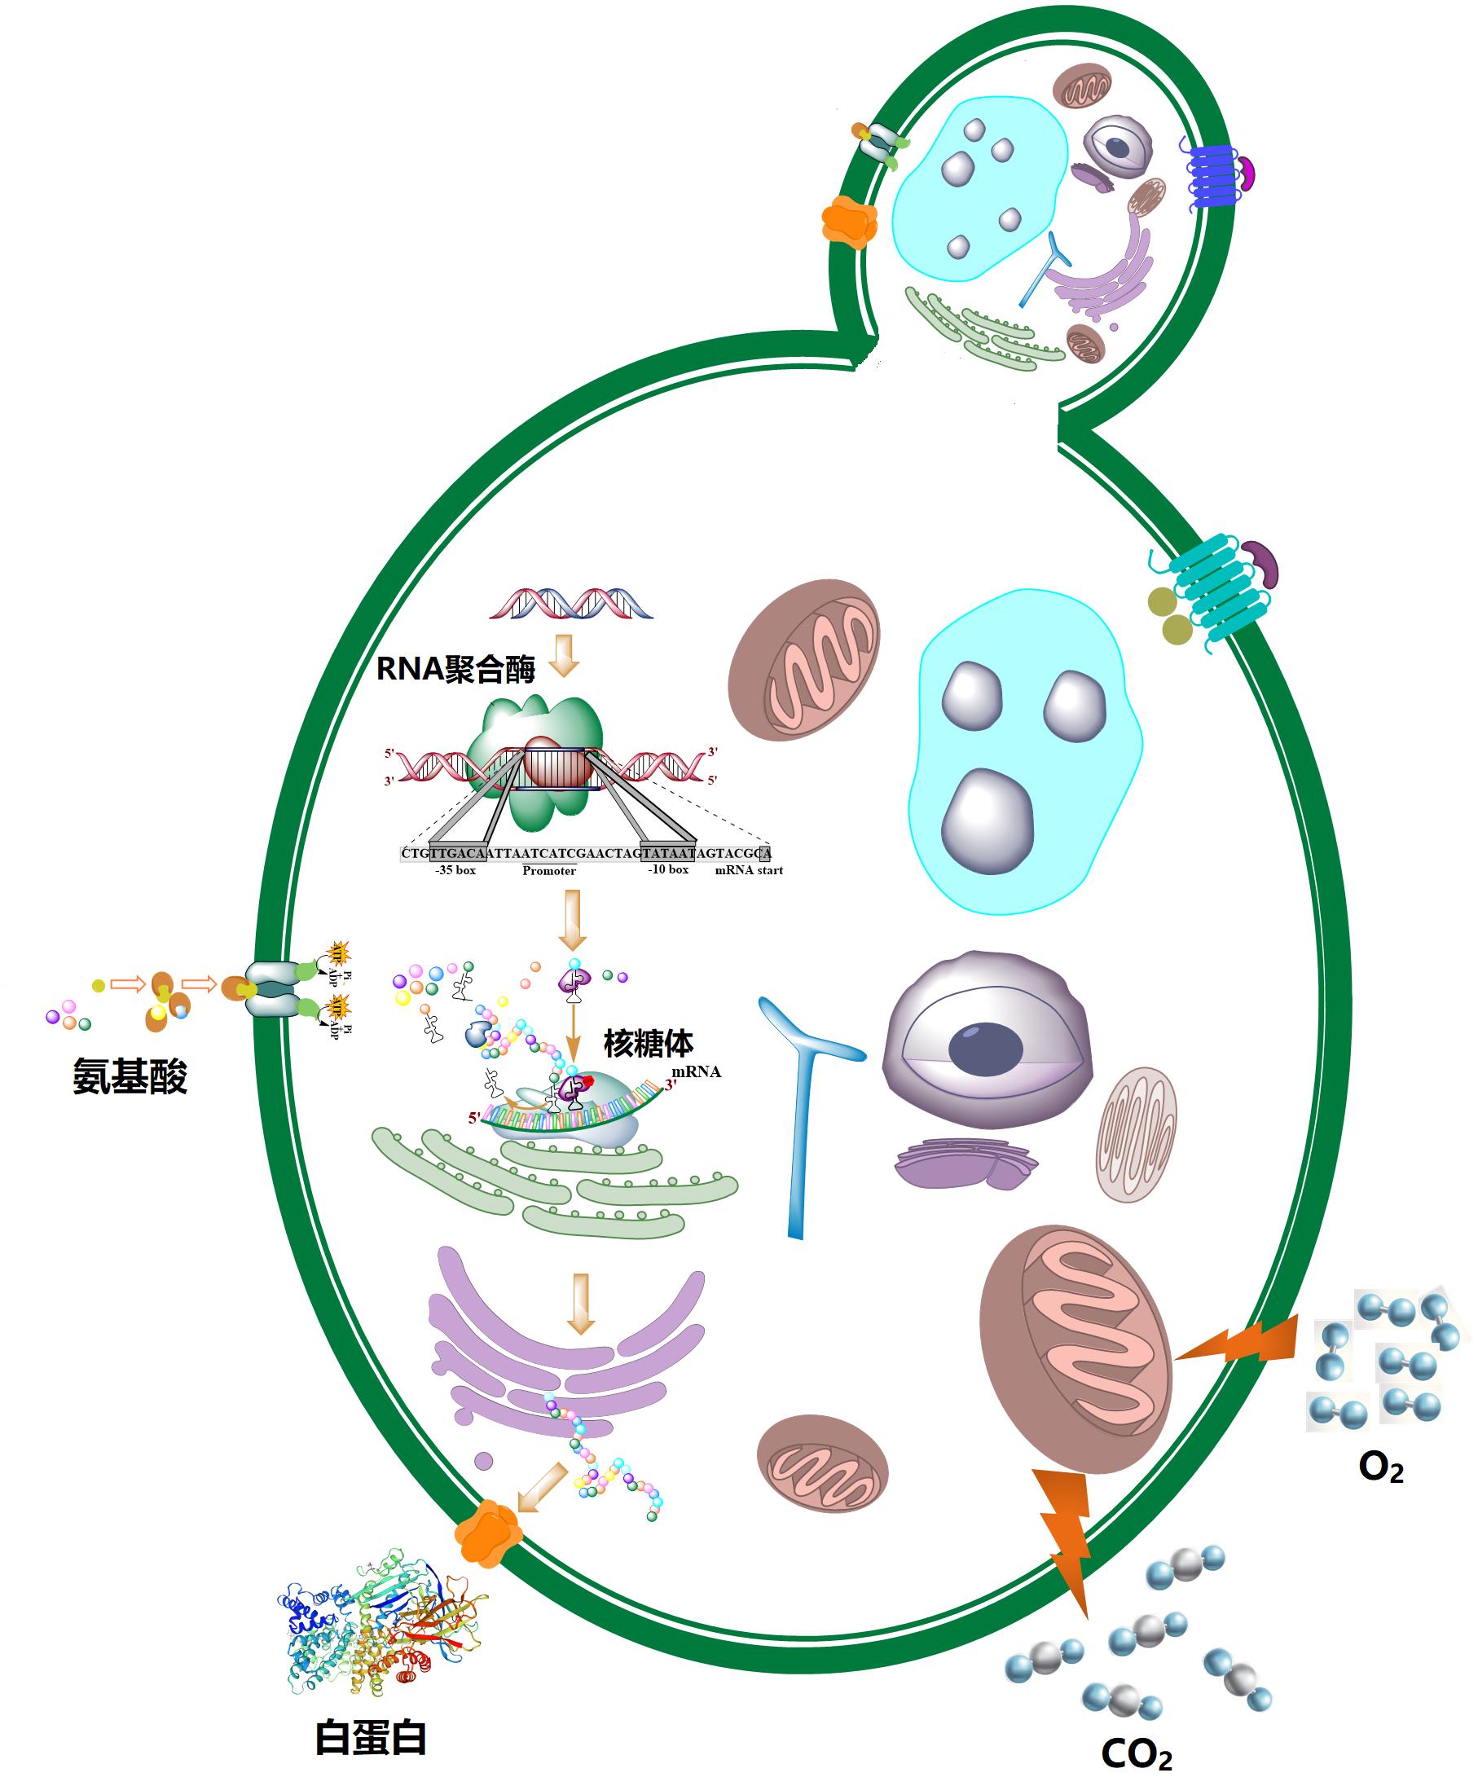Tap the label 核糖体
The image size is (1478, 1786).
648,1043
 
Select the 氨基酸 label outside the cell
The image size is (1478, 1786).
130,1079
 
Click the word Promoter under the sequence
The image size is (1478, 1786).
548,871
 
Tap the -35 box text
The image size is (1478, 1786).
455,870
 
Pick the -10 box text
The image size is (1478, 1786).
667,869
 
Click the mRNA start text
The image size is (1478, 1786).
748,870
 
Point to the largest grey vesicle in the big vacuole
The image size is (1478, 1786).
988,820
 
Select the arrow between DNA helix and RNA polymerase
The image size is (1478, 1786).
564,656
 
